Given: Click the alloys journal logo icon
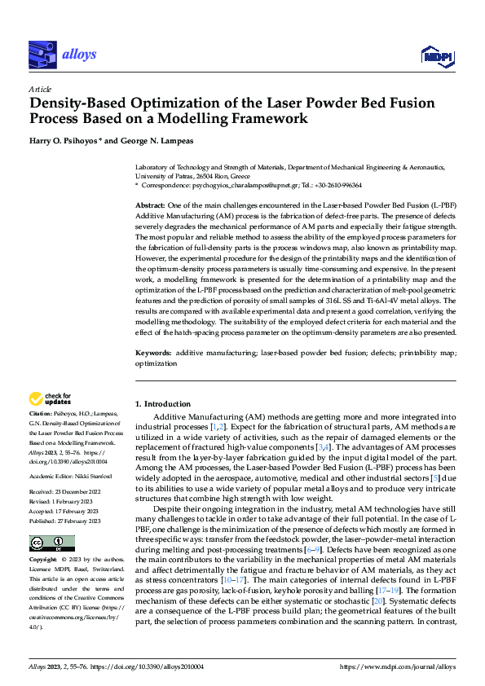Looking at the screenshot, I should (42, 55).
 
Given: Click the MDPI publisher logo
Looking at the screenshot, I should (439, 55).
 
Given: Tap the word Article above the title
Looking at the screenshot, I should (39, 89).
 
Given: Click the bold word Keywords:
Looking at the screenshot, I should (153, 352).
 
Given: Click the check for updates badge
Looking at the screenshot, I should (51, 399).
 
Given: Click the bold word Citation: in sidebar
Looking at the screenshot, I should (42, 414).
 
